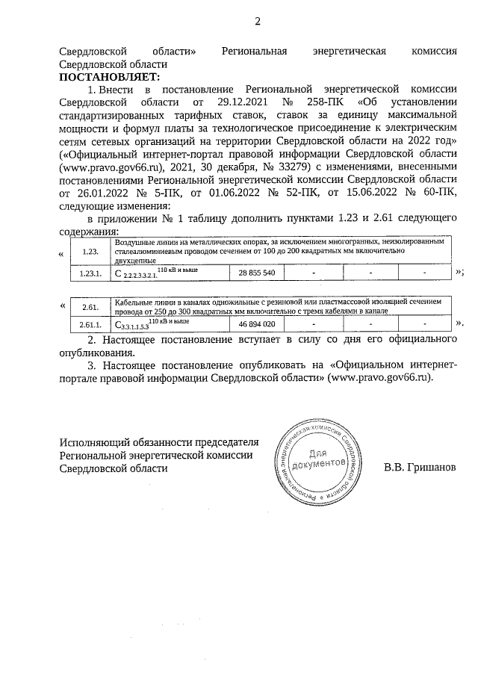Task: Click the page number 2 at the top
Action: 258,20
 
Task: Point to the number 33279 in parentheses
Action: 280,167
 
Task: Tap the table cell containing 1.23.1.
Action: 90,274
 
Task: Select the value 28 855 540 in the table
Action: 257,274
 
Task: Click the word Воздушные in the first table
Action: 134,242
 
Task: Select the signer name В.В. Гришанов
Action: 419,468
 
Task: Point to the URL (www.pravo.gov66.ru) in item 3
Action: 382,379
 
